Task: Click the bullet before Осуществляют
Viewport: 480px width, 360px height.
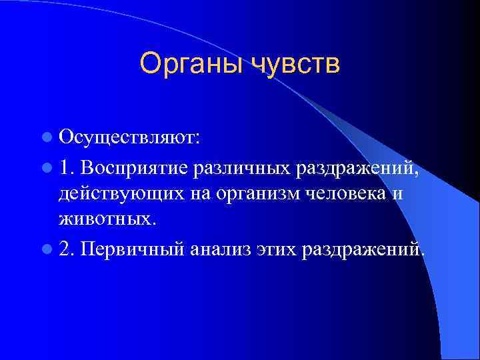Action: click(45, 139)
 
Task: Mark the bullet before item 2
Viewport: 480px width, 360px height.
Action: click(45, 249)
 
